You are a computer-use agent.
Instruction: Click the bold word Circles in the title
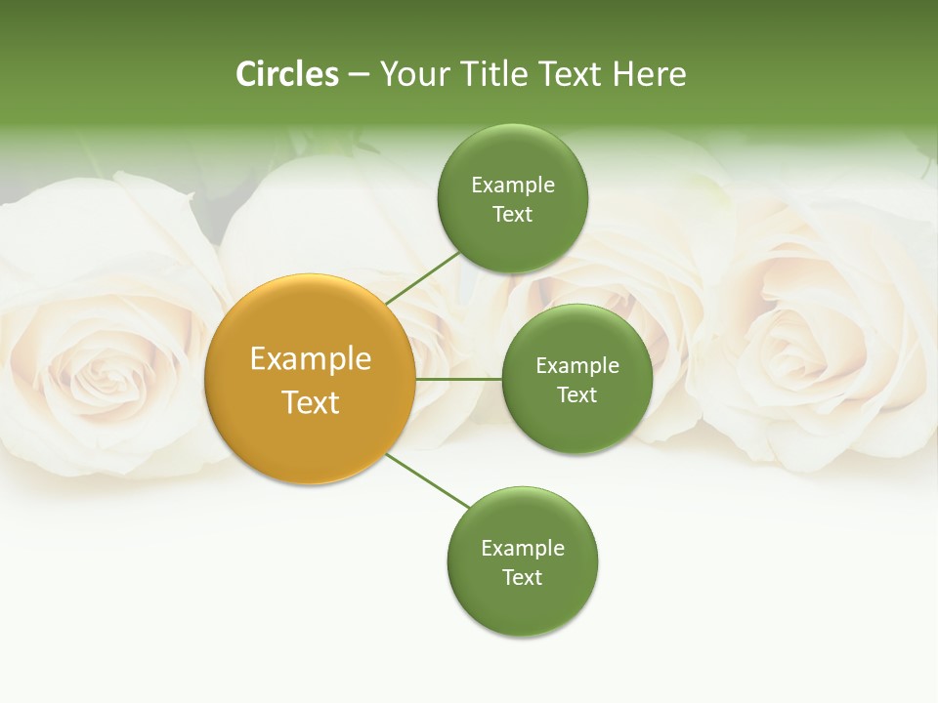(x=286, y=74)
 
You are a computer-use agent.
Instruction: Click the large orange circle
(x=310, y=379)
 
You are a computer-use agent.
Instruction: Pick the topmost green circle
(x=512, y=198)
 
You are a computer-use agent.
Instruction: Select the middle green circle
(x=576, y=379)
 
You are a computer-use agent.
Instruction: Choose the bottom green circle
(x=522, y=561)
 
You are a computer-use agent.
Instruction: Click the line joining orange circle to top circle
(x=422, y=277)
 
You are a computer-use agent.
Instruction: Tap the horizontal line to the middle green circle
(x=458, y=379)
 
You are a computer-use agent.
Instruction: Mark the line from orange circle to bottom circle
(x=428, y=481)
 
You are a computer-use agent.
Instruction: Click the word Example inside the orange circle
(x=310, y=359)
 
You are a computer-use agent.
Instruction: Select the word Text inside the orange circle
(x=310, y=402)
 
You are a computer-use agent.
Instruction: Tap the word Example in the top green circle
(x=513, y=186)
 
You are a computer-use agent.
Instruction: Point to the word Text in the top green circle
(x=512, y=214)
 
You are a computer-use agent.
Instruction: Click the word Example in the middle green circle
(x=577, y=366)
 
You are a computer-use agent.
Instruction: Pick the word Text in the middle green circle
(x=576, y=394)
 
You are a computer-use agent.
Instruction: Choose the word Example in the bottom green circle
(x=523, y=549)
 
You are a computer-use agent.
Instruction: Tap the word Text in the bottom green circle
(x=522, y=577)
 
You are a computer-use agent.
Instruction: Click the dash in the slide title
(x=359, y=75)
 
